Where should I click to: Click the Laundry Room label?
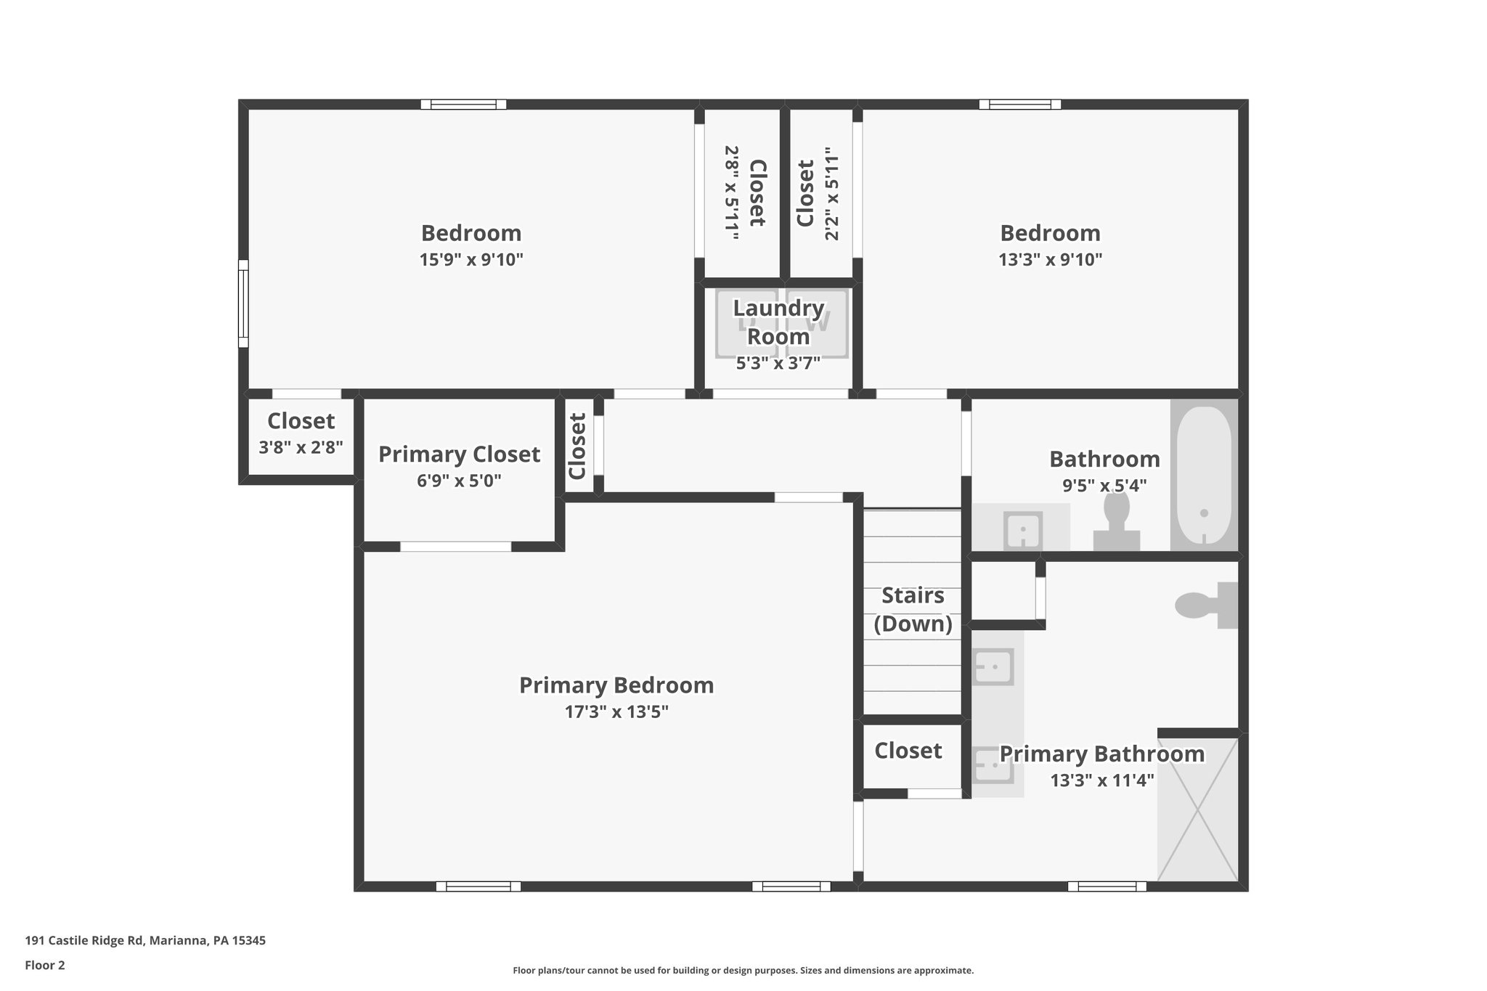pos(778,322)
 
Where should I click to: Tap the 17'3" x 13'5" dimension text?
pos(616,712)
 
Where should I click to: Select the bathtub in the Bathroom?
pos(1203,476)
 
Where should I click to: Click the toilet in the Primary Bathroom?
pos(1205,605)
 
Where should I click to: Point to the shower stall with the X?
pos(1197,809)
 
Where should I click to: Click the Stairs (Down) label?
pos(913,609)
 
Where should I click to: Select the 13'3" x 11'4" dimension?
pos(1101,780)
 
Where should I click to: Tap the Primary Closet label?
pos(459,454)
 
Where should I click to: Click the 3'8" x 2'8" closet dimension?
pos(301,447)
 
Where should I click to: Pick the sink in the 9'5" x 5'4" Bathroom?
pos(1022,530)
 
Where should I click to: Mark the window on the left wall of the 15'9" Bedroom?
pos(243,303)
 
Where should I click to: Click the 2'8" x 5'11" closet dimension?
pos(731,193)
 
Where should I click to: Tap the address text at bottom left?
pos(145,941)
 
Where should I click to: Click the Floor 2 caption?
pos(45,966)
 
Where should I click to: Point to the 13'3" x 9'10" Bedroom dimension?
pos(1050,260)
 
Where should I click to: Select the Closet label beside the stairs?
pos(908,751)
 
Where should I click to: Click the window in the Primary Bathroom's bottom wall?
pos(1107,886)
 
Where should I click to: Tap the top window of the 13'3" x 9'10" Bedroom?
pos(1019,105)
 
